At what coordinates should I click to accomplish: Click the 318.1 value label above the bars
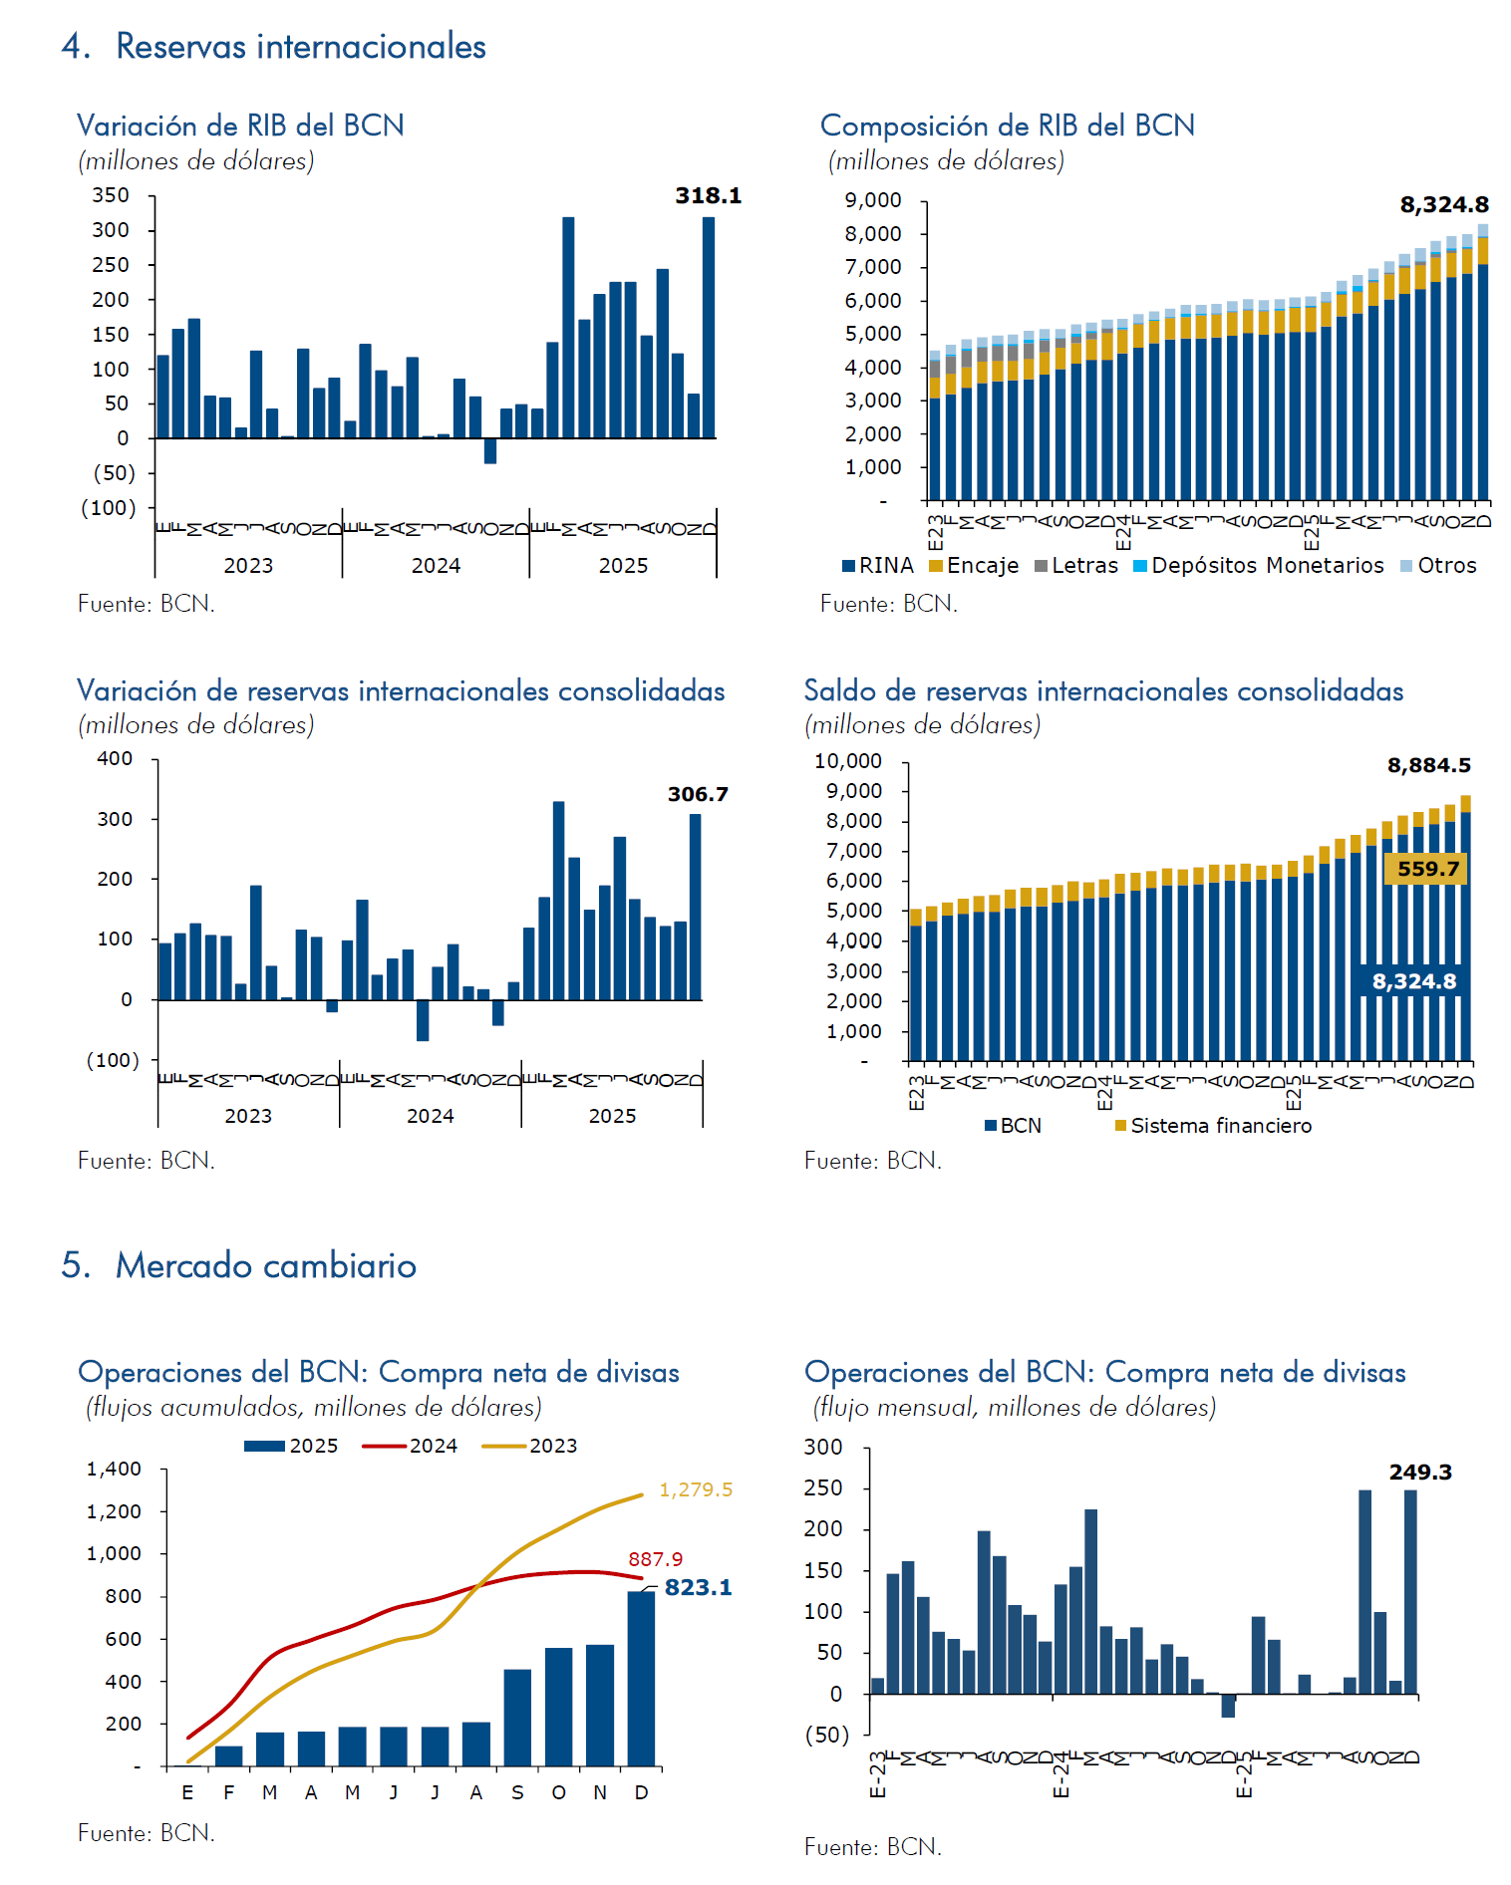[708, 195]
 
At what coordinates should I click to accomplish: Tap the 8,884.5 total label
[1428, 765]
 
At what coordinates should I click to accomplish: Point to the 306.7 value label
[698, 794]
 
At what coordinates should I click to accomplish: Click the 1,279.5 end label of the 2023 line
[696, 1489]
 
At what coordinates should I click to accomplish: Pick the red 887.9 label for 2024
[655, 1559]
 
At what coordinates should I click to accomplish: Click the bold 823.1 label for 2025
[698, 1587]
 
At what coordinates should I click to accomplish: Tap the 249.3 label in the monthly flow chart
[1420, 1472]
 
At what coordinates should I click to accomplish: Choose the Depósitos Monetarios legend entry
[1259, 566]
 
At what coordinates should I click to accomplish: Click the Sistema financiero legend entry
[1213, 1126]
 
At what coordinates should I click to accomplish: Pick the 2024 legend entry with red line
[411, 1446]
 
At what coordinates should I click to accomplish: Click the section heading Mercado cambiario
[265, 1265]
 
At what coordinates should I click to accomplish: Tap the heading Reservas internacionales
[300, 47]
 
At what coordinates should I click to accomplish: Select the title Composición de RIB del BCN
[1007, 126]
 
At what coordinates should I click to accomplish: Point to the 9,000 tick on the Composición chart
[873, 200]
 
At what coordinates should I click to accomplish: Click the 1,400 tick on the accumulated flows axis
[114, 1469]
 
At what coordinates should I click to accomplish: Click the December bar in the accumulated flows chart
[641, 1679]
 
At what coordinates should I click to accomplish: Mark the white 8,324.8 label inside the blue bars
[1413, 981]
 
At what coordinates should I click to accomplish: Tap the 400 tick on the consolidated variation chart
[115, 758]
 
